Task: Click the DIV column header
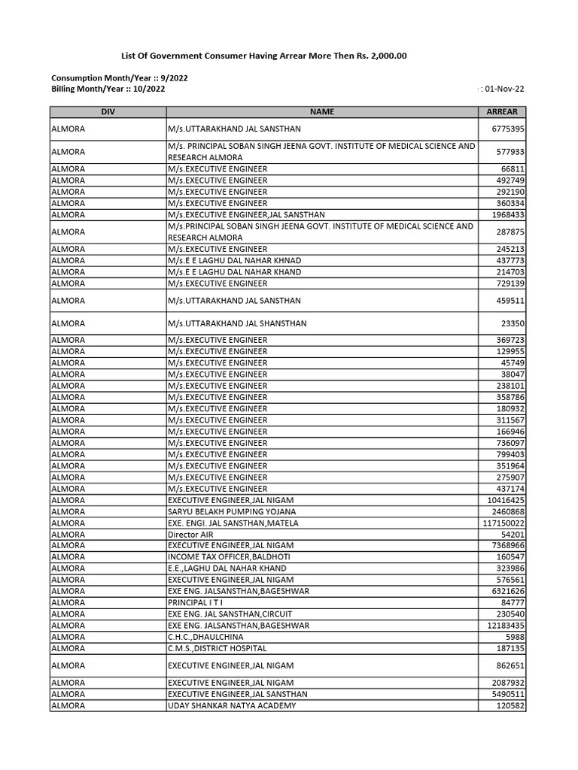click(x=108, y=112)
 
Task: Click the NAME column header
click(x=321, y=112)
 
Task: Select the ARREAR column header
click(x=502, y=112)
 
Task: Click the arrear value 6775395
click(x=508, y=129)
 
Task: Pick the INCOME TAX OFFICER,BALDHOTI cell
click(x=228, y=557)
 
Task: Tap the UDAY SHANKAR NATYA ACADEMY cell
click(x=232, y=706)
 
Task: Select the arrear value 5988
click(x=516, y=637)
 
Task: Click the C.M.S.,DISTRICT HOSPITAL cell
click(x=217, y=648)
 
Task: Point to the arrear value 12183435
click(x=506, y=626)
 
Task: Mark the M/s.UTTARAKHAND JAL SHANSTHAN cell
click(x=237, y=323)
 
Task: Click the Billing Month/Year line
click(x=108, y=89)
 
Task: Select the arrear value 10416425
click(x=506, y=500)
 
